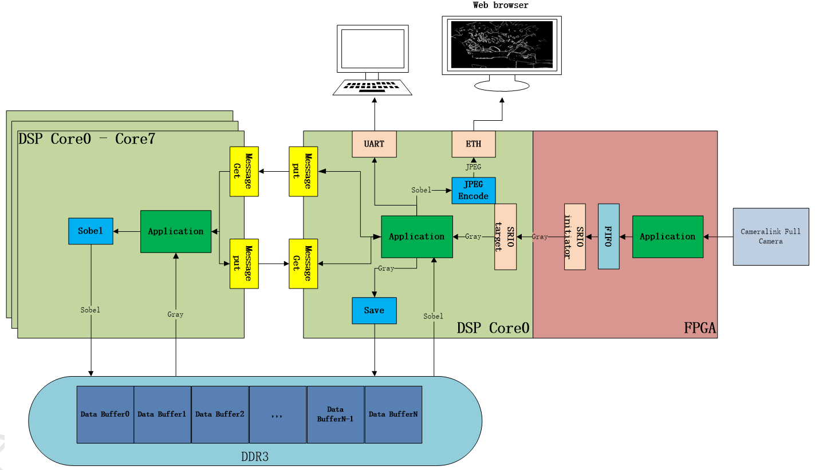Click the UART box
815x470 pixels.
[x=375, y=144]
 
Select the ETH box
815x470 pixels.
[x=474, y=144]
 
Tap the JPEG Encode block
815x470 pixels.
[x=473, y=191]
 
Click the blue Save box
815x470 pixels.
[x=374, y=310]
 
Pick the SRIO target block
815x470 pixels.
[x=505, y=236]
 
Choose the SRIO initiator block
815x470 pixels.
[x=574, y=236]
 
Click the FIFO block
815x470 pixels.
[x=608, y=236]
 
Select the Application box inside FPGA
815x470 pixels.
[x=668, y=236]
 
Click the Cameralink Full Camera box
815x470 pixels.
[x=771, y=236]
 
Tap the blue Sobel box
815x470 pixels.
[x=90, y=231]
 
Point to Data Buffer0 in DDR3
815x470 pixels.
[x=105, y=414]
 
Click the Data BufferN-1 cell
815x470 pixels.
[x=336, y=414]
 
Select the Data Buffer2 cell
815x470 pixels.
[x=220, y=414]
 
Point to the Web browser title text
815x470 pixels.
[x=501, y=5]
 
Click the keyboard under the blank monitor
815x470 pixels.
[x=373, y=87]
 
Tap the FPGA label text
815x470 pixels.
[x=700, y=328]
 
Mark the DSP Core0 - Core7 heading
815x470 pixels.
[x=87, y=139]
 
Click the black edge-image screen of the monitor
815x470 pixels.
[x=501, y=44]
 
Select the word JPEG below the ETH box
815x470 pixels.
[x=473, y=168]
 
